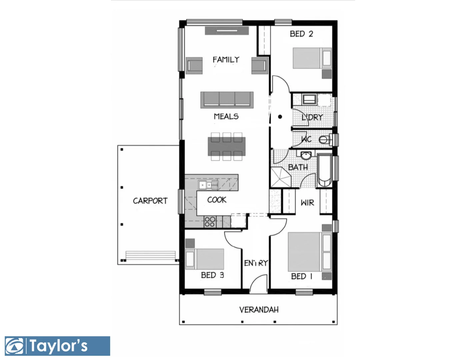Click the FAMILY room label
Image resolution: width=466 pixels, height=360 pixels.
pyautogui.click(x=226, y=60)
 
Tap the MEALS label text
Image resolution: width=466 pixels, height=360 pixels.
pyautogui.click(x=226, y=116)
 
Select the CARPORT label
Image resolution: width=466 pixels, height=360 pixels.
pyautogui.click(x=150, y=201)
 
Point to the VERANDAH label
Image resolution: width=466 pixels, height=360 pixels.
pyautogui.click(x=259, y=310)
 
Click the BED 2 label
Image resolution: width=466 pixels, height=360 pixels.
pyautogui.click(x=301, y=34)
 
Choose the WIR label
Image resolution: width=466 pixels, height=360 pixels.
pyautogui.click(x=307, y=203)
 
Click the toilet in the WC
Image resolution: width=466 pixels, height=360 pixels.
pyautogui.click(x=325, y=139)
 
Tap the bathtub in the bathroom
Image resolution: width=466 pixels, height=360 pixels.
pyautogui.click(x=324, y=170)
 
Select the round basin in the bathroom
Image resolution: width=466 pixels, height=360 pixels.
pyautogui.click(x=306, y=156)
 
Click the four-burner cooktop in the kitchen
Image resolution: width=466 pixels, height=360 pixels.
pyautogui.click(x=210, y=222)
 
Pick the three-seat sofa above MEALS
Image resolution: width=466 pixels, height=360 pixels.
pyautogui.click(x=227, y=99)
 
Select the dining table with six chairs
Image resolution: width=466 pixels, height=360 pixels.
pyautogui.click(x=227, y=147)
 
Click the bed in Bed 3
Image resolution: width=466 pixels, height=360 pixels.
pyautogui.click(x=205, y=259)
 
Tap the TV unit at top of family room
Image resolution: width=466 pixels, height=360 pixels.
pyautogui.click(x=227, y=31)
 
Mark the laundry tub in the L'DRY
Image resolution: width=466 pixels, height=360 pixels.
pyautogui.click(x=309, y=99)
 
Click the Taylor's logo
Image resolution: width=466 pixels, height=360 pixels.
pyautogui.click(x=57, y=346)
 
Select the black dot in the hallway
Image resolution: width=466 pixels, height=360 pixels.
pyautogui.click(x=280, y=117)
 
